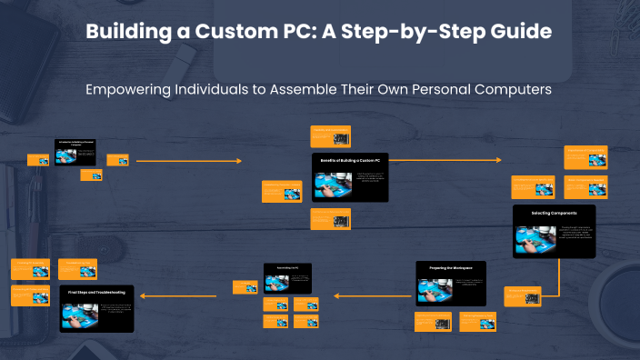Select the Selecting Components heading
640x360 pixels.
554,213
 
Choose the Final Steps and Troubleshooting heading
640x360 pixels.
96,292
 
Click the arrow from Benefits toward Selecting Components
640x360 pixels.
445,160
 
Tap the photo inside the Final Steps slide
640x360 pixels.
77,312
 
